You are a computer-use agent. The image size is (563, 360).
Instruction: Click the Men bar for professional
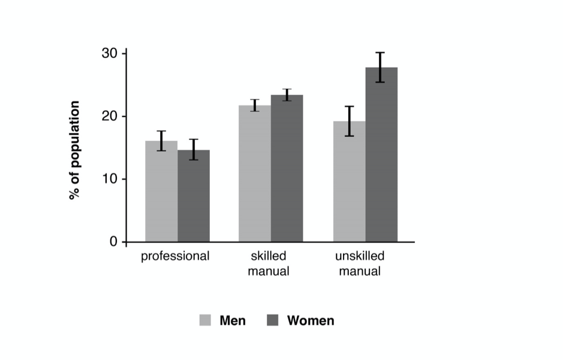click(x=161, y=192)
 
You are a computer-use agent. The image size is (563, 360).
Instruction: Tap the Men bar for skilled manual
click(x=255, y=174)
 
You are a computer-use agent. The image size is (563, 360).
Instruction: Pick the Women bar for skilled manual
click(x=287, y=169)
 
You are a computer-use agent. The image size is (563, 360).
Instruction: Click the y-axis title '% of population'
click(x=75, y=150)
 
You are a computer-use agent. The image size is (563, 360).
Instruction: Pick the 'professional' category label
click(x=175, y=257)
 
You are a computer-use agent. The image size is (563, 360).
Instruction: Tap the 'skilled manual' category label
click(x=270, y=263)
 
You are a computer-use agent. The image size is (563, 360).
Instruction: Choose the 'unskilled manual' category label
click(x=360, y=263)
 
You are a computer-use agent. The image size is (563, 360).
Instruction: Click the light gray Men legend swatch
click(x=205, y=320)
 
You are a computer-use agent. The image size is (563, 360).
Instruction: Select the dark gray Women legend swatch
click(x=273, y=320)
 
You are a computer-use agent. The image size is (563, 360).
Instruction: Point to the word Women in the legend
click(x=311, y=320)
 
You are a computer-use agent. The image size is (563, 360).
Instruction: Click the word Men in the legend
click(x=233, y=320)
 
